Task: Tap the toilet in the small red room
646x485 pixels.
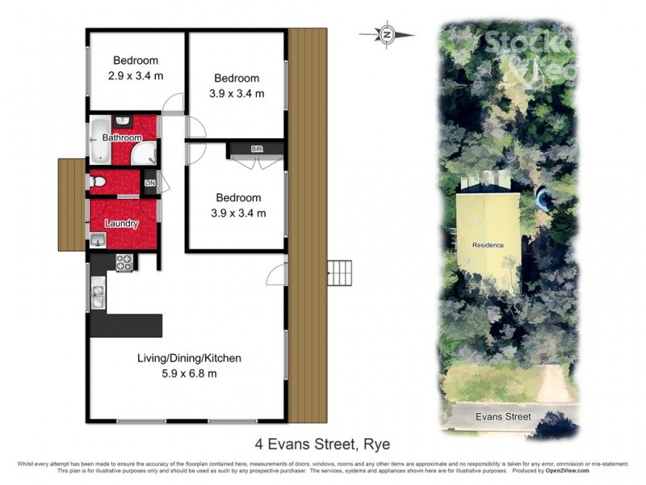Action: click(x=97, y=183)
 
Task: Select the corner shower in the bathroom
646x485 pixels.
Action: click(x=145, y=154)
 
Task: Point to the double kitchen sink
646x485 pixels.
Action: click(x=98, y=297)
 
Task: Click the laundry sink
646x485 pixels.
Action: click(x=98, y=239)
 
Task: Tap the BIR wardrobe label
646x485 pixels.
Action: click(x=257, y=150)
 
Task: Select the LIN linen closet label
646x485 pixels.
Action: click(x=149, y=183)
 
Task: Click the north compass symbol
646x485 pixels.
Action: click(x=388, y=34)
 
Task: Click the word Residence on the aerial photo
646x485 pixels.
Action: click(x=488, y=245)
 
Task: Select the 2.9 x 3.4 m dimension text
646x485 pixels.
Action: click(x=135, y=75)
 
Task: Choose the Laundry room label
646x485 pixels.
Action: click(x=121, y=224)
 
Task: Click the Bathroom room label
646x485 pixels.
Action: click(x=121, y=138)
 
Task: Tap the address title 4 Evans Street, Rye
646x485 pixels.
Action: click(x=322, y=444)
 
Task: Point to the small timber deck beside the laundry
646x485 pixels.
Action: click(x=72, y=204)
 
